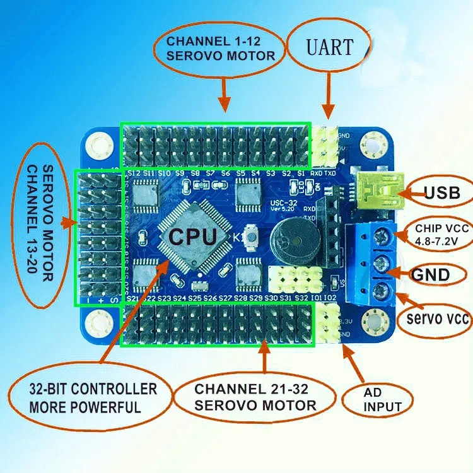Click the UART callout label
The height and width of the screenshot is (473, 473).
pos(329,45)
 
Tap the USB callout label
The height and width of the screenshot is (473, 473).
pos(441,193)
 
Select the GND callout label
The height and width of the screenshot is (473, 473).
pos(430,274)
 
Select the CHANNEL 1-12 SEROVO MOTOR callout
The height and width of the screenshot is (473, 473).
pos(220,49)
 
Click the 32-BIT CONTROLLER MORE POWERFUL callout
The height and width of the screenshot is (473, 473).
pos(85,397)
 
